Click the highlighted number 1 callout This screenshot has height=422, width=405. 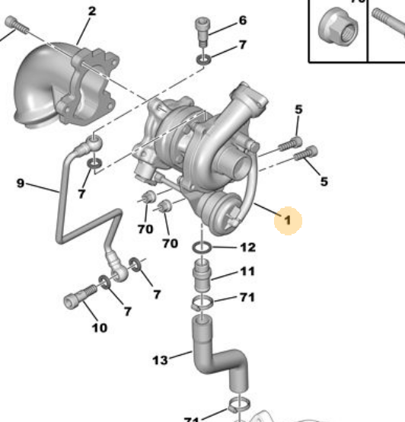tap(289, 221)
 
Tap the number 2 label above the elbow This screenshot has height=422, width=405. tap(92, 11)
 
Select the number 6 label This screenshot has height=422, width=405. tap(242, 21)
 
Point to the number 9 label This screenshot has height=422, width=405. tap(21, 183)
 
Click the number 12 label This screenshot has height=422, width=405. tap(247, 248)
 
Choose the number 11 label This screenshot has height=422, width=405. tap(248, 272)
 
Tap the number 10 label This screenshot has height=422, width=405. tap(99, 328)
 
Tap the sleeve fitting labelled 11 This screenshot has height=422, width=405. tap(203, 275)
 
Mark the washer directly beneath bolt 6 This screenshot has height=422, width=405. tap(203, 58)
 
